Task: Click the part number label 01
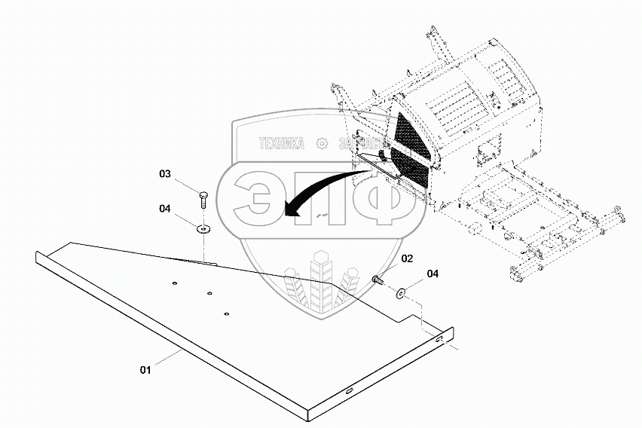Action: point(145,369)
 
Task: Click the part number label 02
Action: point(407,258)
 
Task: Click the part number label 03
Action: point(165,174)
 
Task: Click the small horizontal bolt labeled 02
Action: point(378,280)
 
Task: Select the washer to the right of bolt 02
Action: point(399,290)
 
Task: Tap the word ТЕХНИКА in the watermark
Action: point(281,143)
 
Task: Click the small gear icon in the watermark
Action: point(322,143)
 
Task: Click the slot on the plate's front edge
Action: point(350,390)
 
